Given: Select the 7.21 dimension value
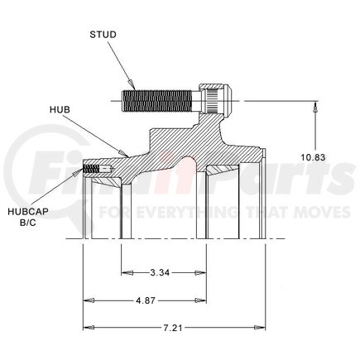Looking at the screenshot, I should click(x=175, y=328).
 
